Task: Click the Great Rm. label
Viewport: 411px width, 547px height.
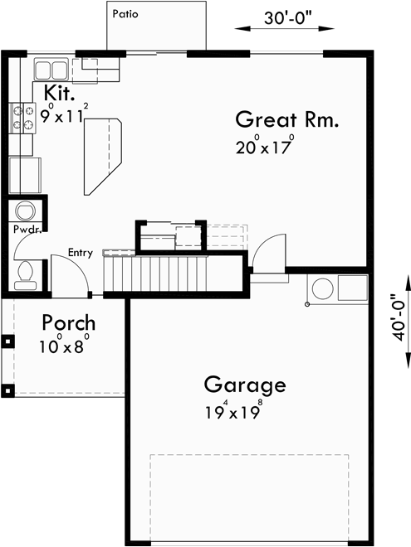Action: (287, 119)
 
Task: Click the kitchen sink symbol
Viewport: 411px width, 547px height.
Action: (51, 69)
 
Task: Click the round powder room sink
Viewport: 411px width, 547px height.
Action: (24, 209)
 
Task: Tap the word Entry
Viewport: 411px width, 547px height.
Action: (81, 254)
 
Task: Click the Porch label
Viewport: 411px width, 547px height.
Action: (69, 322)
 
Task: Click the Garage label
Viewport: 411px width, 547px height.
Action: (245, 385)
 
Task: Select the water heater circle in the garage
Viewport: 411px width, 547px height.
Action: (320, 289)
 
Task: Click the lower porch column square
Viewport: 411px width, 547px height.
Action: (7, 389)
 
